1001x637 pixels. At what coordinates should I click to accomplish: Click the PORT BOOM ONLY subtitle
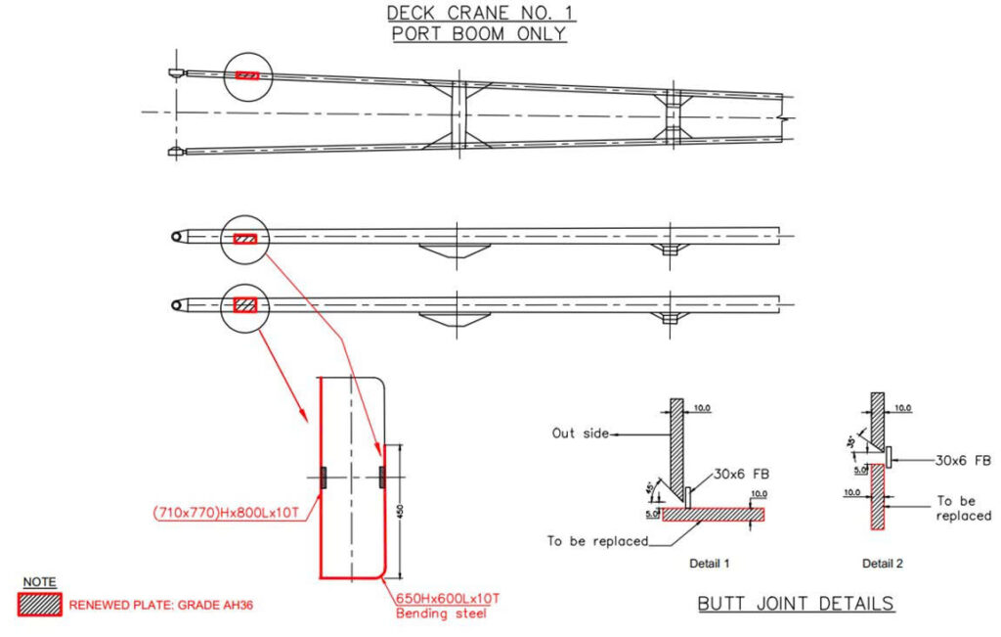pos(479,33)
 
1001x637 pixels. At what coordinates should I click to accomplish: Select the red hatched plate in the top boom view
pos(247,75)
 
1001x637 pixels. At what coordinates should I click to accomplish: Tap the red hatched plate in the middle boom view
pos(245,238)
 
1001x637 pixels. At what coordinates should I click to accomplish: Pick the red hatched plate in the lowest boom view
pos(245,304)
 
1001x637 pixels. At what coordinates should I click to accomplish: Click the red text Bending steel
pos(441,614)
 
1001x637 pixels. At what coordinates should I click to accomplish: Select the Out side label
pos(581,432)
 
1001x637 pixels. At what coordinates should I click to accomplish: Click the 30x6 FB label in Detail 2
pos(965,459)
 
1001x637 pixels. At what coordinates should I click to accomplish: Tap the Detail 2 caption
pos(882,564)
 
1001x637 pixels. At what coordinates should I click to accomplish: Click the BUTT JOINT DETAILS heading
pos(796,604)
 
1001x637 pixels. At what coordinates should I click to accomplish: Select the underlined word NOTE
pos(39,581)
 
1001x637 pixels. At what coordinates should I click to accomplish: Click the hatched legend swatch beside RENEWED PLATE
pos(40,605)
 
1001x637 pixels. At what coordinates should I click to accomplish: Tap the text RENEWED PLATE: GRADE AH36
pos(161,606)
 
